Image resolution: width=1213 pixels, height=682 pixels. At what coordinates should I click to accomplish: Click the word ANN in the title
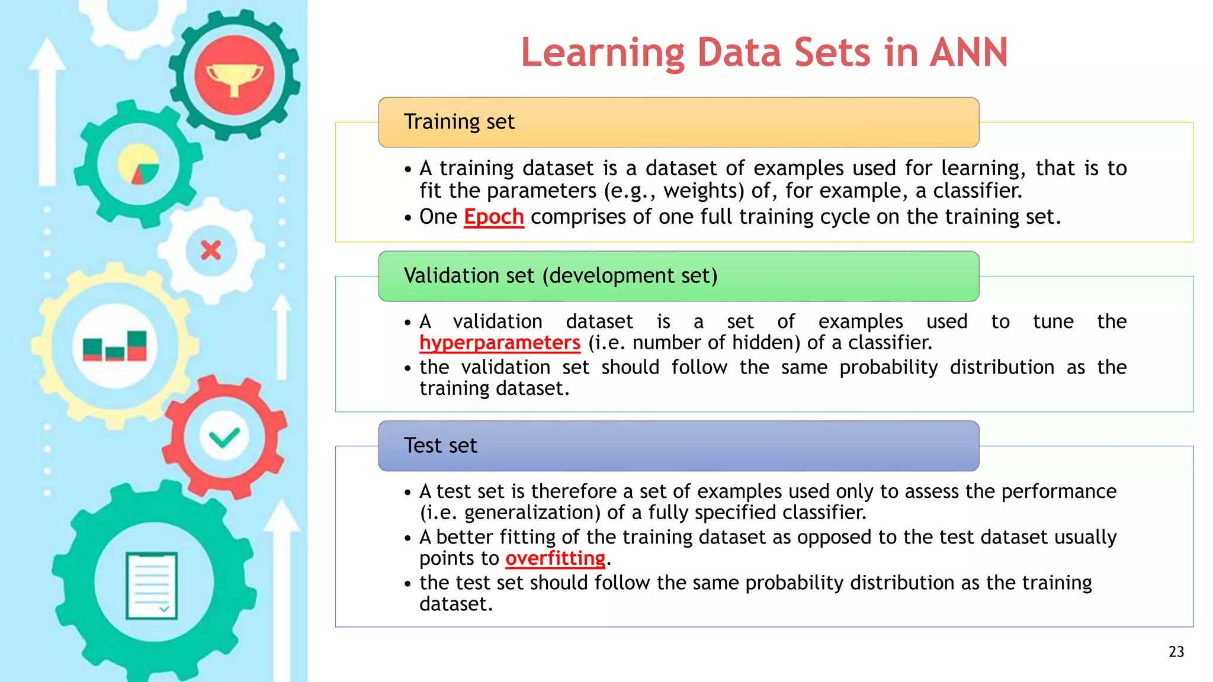[968, 53]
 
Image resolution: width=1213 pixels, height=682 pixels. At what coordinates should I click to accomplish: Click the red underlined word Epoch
[493, 217]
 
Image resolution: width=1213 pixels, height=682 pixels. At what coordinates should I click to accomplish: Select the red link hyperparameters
[499, 343]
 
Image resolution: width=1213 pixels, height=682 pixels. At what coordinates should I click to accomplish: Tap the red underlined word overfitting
[555, 558]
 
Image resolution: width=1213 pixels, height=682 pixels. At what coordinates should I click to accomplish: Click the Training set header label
[459, 122]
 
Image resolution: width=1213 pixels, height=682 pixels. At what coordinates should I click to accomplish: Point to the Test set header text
[440, 446]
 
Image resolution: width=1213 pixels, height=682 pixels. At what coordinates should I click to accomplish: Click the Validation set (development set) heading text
[560, 276]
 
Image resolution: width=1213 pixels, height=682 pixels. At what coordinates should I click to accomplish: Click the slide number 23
[1176, 652]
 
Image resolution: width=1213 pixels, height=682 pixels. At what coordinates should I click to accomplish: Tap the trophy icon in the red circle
[234, 77]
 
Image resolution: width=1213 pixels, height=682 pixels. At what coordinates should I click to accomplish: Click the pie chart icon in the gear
[139, 164]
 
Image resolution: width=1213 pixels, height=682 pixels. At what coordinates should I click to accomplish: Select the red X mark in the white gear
[211, 250]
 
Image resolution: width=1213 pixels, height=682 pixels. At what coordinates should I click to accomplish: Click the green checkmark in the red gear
[224, 438]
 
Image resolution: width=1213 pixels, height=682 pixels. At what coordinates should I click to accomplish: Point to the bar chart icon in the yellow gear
[115, 346]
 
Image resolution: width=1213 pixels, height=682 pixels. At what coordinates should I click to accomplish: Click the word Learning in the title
[602, 53]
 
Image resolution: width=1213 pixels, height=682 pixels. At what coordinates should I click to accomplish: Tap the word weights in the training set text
[703, 191]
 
